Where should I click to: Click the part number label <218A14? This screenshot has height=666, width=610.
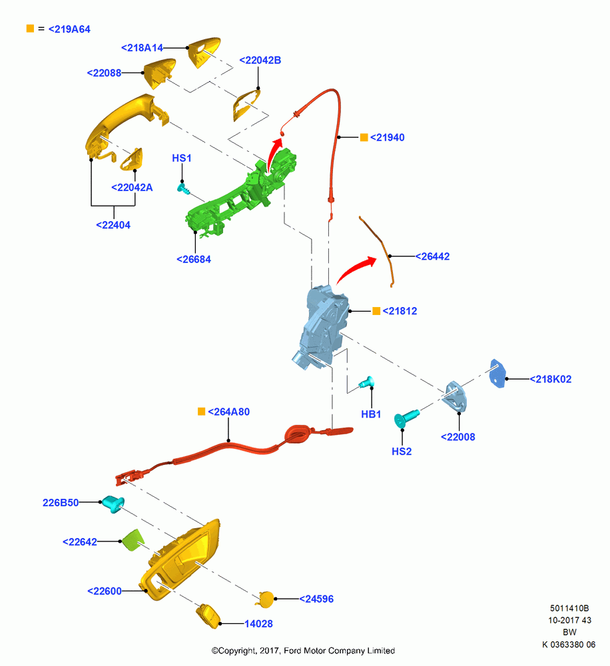(142, 48)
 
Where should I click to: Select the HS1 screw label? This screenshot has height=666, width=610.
(182, 158)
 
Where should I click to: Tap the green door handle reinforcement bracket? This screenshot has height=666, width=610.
(240, 193)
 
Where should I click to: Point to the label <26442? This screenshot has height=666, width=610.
(432, 256)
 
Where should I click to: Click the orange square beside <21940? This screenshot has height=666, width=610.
(364, 137)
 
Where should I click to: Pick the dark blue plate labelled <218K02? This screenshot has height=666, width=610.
(498, 374)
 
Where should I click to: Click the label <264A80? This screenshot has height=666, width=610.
(228, 412)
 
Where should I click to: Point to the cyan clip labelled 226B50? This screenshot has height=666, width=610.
(113, 503)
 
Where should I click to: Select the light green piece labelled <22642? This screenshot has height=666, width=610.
(133, 540)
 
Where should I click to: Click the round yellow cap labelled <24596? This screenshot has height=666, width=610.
(266, 599)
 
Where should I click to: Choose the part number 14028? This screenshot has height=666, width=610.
(258, 623)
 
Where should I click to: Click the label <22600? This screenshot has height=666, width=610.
(105, 591)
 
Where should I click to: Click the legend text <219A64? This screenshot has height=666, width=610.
(69, 29)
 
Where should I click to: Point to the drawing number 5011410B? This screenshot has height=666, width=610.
(569, 608)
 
